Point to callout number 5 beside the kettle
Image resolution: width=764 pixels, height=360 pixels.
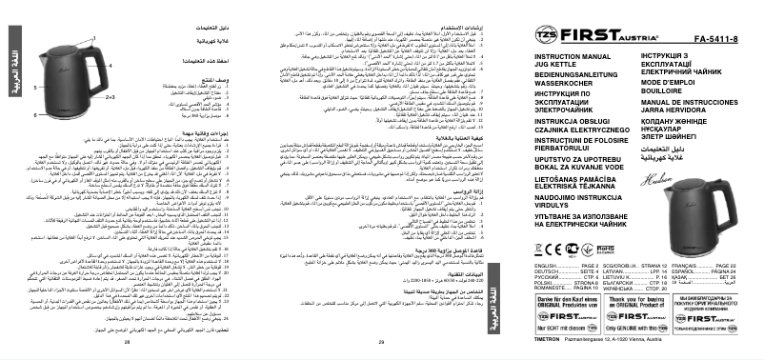[x=36, y=87]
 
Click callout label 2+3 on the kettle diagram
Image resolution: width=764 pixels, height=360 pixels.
[x=109, y=98]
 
